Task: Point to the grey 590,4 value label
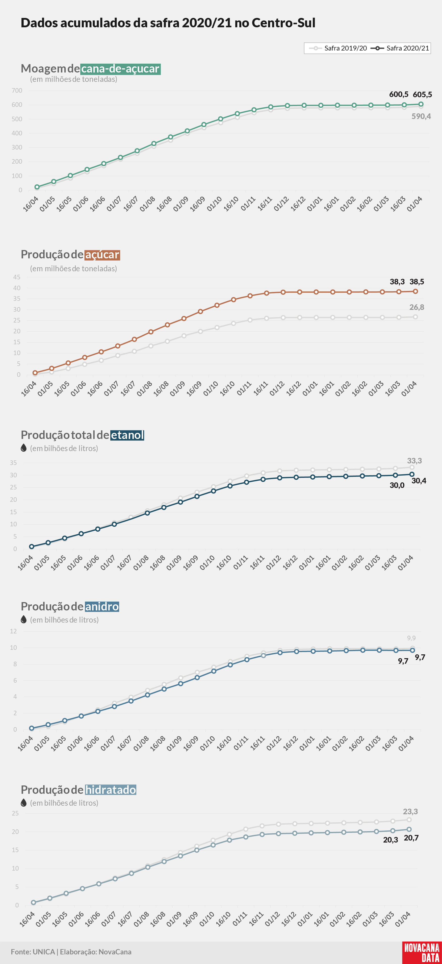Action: tap(421, 116)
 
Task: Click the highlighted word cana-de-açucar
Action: tap(120, 69)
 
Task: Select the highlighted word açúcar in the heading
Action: tap(102, 255)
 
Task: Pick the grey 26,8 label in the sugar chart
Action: tap(417, 307)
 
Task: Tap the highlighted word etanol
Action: tap(127, 435)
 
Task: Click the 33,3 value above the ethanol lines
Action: tap(414, 461)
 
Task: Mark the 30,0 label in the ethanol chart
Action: tap(397, 485)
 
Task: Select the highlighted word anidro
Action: tap(102, 606)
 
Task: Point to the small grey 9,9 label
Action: tap(411, 638)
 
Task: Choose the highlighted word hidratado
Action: tap(111, 790)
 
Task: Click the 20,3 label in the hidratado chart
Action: tap(391, 840)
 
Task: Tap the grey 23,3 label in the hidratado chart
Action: tap(410, 811)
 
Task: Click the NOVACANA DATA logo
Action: tap(422, 952)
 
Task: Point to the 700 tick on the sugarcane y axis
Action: tap(17, 91)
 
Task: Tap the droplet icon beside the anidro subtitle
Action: tap(23, 619)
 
